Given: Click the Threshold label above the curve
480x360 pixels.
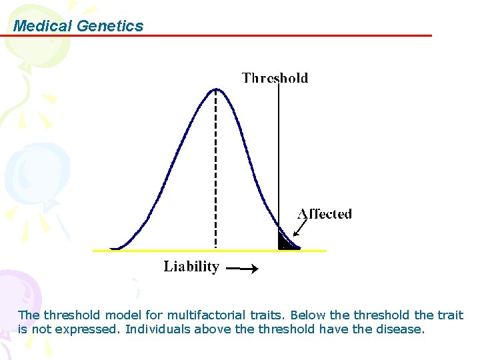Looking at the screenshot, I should tap(275, 78).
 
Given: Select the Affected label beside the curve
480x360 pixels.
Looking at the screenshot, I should tap(325, 214).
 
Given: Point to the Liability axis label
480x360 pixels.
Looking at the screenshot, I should tap(191, 267).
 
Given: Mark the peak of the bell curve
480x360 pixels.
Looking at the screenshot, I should tap(215, 89).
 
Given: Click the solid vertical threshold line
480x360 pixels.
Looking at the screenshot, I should tap(279, 153).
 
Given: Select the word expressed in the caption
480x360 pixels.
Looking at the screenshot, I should tap(95, 329).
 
